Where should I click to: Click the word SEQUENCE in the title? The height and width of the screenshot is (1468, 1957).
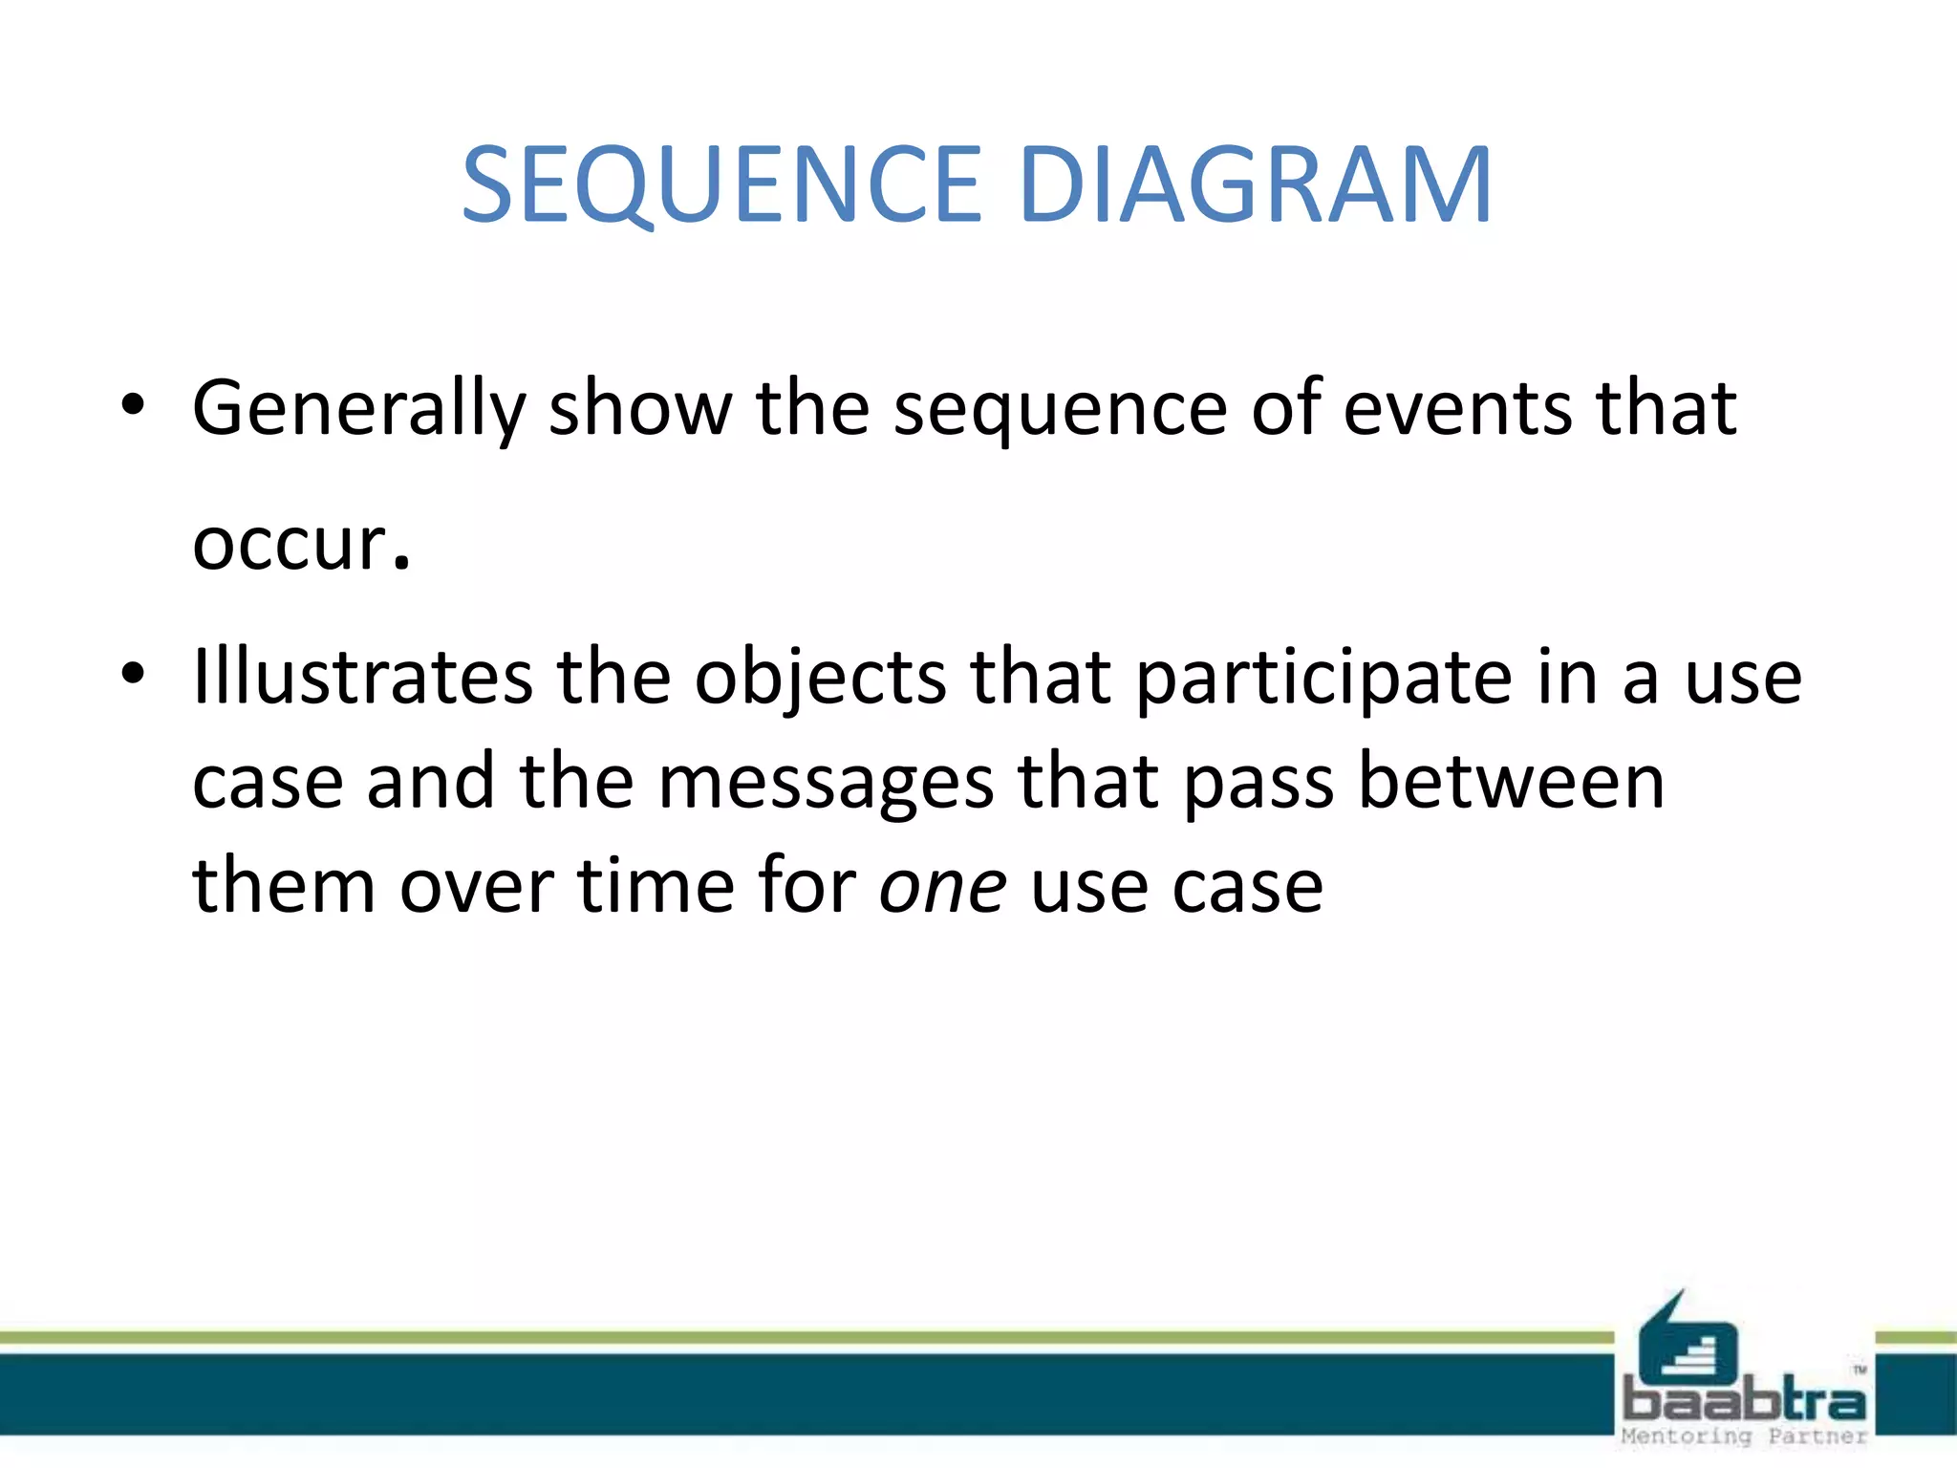[721, 184]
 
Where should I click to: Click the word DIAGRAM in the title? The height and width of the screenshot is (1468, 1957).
[1254, 184]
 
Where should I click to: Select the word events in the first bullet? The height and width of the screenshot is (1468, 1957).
[1457, 409]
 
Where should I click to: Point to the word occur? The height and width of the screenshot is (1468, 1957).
[300, 545]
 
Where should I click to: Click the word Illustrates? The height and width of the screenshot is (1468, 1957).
[362, 677]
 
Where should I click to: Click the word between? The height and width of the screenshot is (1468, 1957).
[1511, 782]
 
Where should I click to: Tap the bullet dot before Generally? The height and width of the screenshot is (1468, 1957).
[133, 407]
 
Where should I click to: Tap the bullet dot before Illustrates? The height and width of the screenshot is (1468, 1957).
[133, 674]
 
